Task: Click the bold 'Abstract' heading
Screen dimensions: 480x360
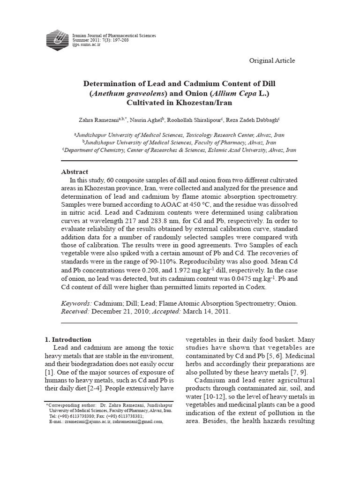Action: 75,172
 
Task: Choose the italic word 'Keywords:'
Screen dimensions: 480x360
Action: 77,303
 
